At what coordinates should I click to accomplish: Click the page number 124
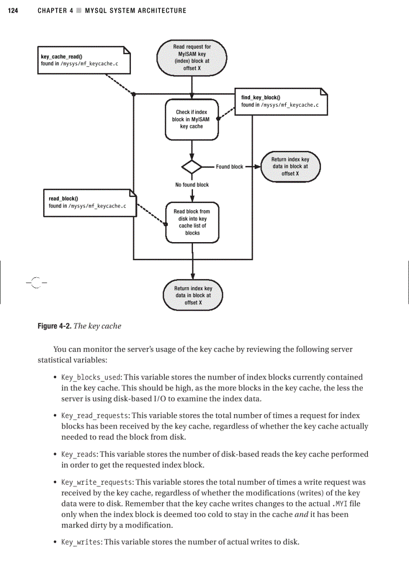tap(14, 11)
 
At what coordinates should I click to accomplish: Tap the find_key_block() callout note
tap(281, 101)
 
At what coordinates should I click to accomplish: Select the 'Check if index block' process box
tap(191, 119)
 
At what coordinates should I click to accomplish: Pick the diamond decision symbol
tap(191, 166)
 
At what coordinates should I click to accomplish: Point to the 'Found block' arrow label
tap(230, 167)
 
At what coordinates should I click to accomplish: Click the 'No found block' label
tap(192, 185)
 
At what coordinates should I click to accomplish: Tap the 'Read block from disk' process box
tap(192, 222)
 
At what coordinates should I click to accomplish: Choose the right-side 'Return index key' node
tap(290, 166)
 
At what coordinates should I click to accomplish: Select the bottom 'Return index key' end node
tap(193, 295)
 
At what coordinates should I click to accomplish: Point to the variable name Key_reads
tap(79, 454)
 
